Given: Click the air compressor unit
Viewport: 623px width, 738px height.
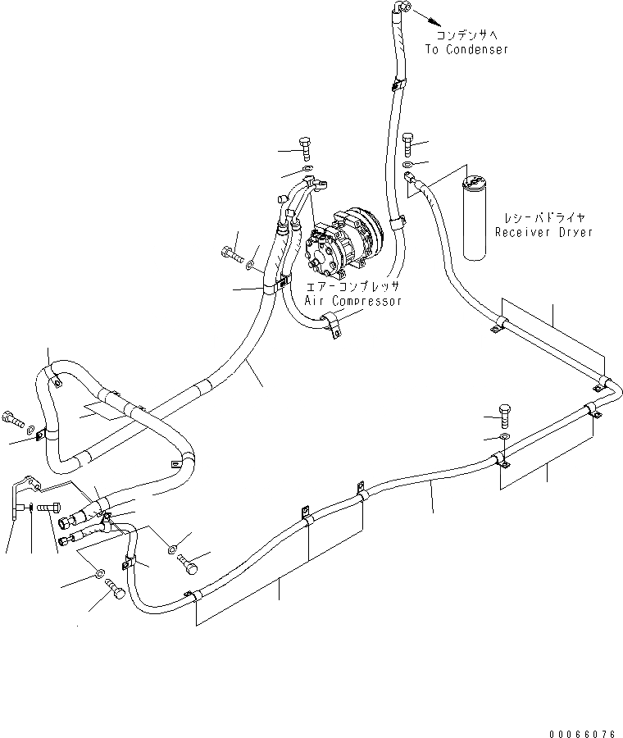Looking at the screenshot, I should point(343,243).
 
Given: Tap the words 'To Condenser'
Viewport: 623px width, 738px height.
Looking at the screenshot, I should point(466,50).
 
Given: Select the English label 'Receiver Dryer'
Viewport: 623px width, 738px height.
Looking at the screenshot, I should point(543,232).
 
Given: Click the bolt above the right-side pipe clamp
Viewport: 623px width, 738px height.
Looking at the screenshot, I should point(505,414).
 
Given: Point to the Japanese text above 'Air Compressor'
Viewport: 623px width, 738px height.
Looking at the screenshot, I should point(352,287).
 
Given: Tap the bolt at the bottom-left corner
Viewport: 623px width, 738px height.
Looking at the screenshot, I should point(115,590).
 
